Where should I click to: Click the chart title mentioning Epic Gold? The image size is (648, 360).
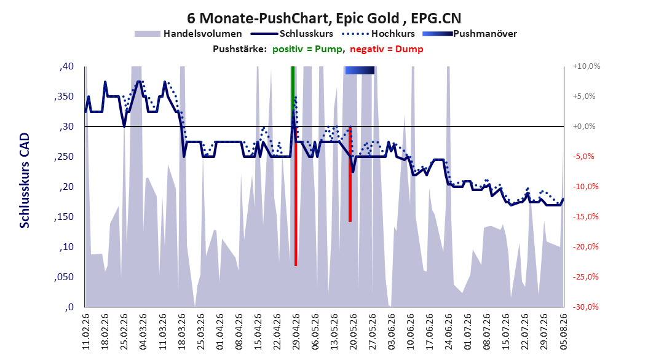tap(324, 18)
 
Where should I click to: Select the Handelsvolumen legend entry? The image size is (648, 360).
tap(188, 34)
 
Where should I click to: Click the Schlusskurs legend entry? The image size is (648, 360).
tap(292, 34)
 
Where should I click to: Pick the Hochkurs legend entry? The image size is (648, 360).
tap(379, 34)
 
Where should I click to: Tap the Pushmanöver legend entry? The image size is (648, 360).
tap(470, 34)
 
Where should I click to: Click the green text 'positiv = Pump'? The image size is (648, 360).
tap(307, 49)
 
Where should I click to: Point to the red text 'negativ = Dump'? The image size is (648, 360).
tap(387, 49)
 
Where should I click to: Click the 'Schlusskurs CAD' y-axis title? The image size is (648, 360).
tap(25, 181)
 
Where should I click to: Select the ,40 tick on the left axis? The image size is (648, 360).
tap(66, 66)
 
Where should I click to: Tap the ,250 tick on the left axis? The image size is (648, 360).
tap(64, 157)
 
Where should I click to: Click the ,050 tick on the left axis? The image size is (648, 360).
tap(64, 277)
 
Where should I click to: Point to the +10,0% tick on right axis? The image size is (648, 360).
tap(587, 66)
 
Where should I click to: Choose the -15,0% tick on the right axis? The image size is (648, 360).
tap(585, 217)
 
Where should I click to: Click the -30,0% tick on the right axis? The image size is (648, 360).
tap(585, 307)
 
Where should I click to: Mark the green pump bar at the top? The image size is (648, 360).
tap(293, 96)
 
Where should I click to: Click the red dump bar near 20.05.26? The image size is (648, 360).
tap(350, 174)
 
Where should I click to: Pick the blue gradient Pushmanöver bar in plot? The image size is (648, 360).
tap(360, 70)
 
